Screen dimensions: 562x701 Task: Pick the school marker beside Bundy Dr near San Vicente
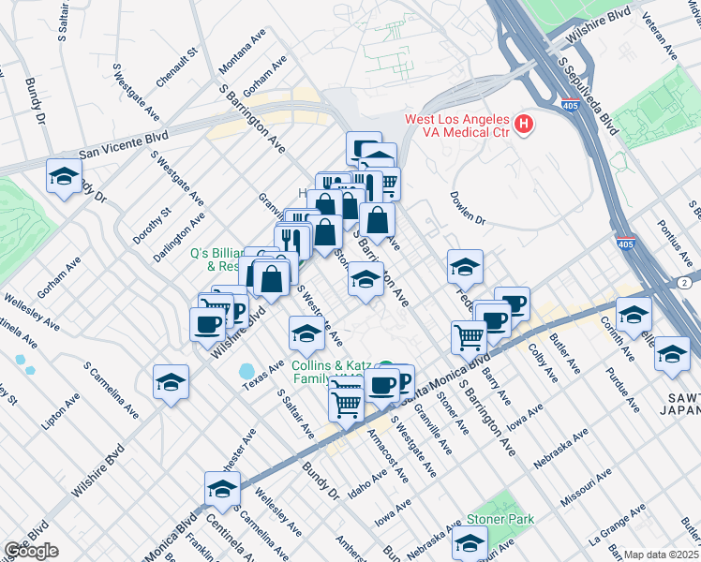coord(64,176)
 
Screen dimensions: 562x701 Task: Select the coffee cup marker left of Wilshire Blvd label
coord(207,324)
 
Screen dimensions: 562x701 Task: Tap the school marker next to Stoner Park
coord(469,541)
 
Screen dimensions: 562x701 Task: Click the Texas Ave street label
coord(263,374)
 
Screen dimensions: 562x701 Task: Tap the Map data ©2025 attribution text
coord(661,555)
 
